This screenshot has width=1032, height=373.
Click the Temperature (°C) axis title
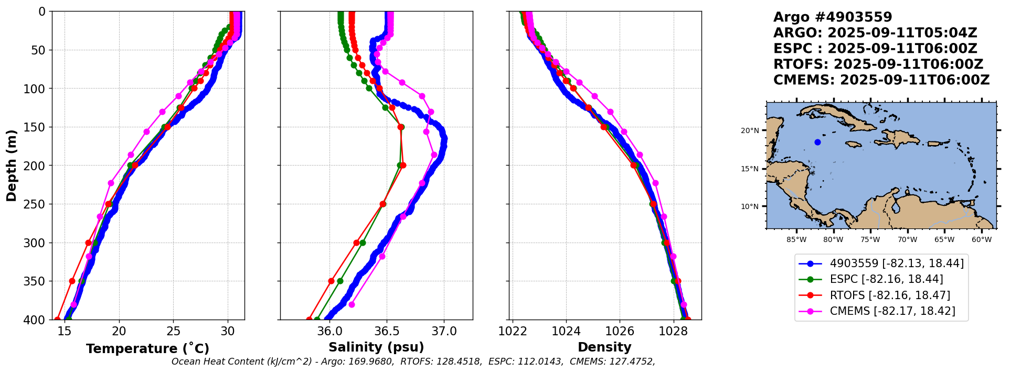tap(147, 349)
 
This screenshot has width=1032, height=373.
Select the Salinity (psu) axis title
tap(376, 347)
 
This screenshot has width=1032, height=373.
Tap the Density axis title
tap(604, 347)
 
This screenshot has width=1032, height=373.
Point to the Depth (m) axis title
tap(12, 166)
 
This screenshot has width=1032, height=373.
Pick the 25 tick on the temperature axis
tap(174, 331)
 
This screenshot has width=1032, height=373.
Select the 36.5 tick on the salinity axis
tap(387, 331)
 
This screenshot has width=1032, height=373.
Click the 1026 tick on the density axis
tap(620, 331)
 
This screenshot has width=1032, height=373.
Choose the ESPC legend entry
tap(886, 279)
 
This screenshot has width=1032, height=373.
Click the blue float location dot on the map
tap(817, 142)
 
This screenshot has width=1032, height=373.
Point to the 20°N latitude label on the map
tap(750, 130)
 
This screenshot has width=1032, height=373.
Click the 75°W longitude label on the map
tap(870, 240)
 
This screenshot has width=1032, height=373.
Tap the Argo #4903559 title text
tap(833, 17)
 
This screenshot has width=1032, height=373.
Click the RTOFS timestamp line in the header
tap(878, 64)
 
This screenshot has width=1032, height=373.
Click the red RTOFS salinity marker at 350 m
tap(331, 281)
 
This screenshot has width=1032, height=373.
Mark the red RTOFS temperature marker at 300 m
tap(88, 243)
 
